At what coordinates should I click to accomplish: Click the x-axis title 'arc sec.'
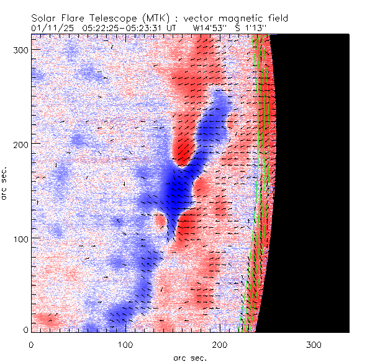click(x=190, y=357)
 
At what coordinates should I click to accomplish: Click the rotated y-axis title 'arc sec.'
click(x=5, y=184)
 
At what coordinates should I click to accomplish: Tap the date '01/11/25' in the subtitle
click(x=51, y=28)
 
